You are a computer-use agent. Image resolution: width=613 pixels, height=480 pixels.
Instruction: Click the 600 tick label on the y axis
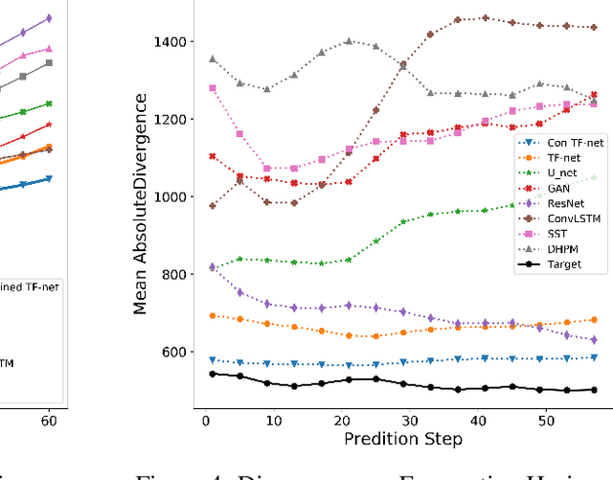tap(178, 352)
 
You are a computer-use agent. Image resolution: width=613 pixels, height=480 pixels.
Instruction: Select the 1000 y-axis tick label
tap(174, 197)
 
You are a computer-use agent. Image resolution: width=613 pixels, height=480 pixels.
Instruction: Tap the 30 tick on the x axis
tap(409, 421)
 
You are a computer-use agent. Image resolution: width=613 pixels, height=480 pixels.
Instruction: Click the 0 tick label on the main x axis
tap(206, 421)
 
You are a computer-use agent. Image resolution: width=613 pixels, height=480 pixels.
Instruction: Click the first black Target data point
tap(213, 374)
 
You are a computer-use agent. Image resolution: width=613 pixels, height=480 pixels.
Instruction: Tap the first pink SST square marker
tap(213, 88)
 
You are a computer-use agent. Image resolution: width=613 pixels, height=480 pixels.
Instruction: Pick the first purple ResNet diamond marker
tap(213, 267)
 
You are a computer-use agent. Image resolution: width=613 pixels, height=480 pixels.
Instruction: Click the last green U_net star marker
tap(594, 177)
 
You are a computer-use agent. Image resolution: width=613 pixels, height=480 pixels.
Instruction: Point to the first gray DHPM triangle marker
tap(213, 58)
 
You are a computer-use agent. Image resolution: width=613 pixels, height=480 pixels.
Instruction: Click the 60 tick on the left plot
tap(48, 421)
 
